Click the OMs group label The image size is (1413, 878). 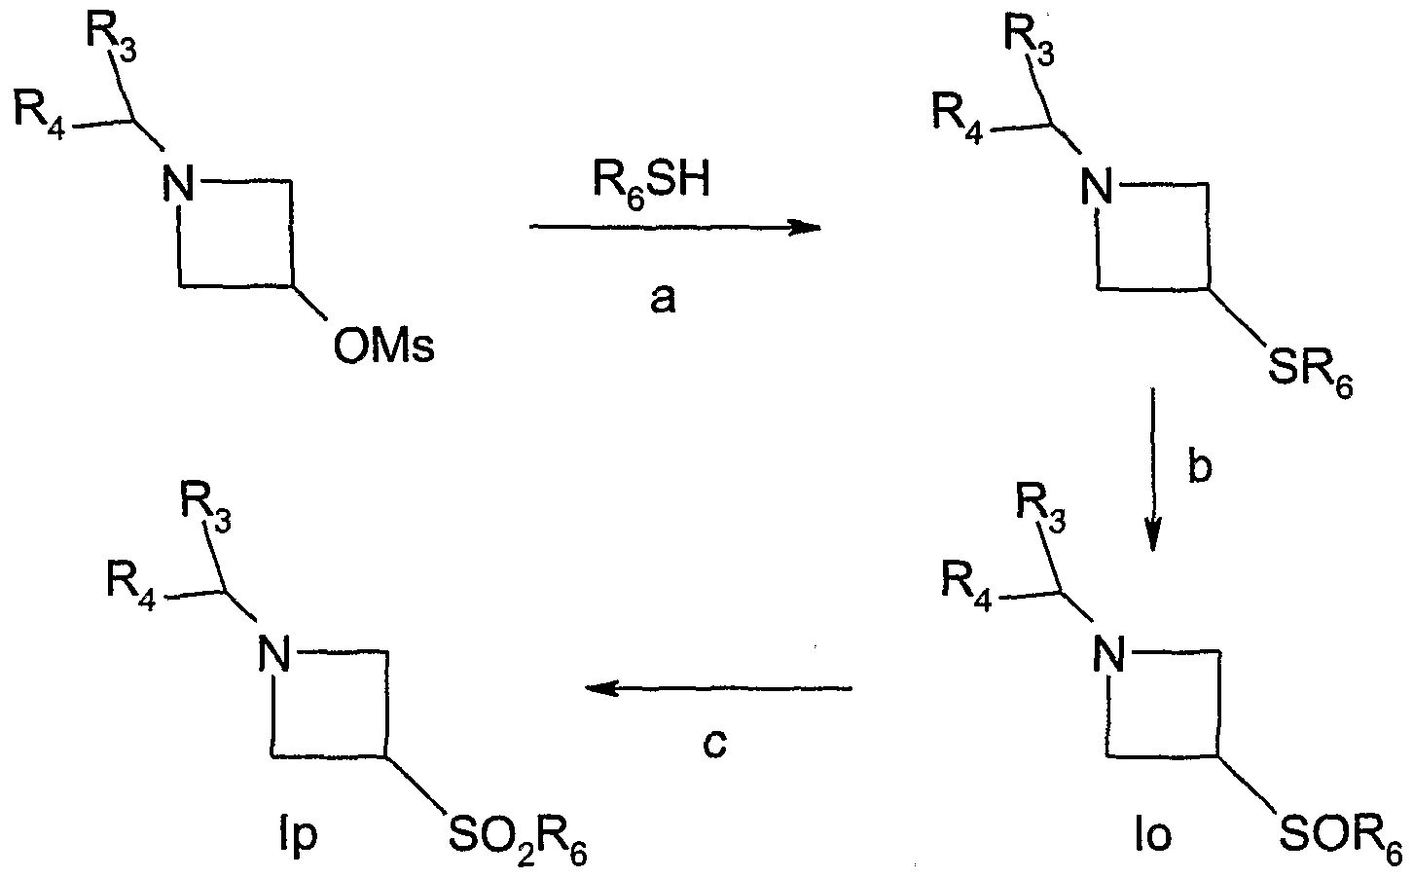point(383,346)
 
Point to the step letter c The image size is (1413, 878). point(714,744)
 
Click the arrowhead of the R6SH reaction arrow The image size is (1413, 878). point(806,228)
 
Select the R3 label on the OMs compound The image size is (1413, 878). point(113,37)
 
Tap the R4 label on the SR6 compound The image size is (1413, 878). point(956,114)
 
